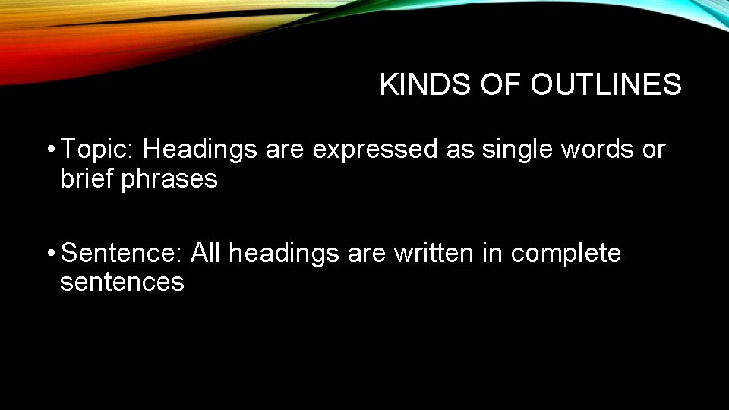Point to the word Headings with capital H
[x=200, y=150]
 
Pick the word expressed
[x=375, y=150]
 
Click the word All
[x=207, y=253]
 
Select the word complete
[x=566, y=253]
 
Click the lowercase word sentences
[x=122, y=282]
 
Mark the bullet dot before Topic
[x=49, y=150]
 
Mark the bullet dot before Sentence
[x=49, y=253]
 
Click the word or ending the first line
[x=653, y=150]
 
